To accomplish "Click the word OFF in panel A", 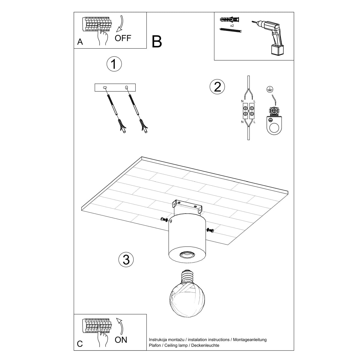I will pos(123,38).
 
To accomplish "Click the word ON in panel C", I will pos(121,340).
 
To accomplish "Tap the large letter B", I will pos(157,42).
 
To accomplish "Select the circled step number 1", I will pos(114,64).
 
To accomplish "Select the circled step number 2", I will pos(217,87).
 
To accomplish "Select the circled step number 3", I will pos(126,259).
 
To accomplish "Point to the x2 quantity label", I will pos(232,26).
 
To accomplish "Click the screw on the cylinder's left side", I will pos(164,220).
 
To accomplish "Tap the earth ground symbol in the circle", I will pos(269,89).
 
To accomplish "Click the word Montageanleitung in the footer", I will pos(249,340).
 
